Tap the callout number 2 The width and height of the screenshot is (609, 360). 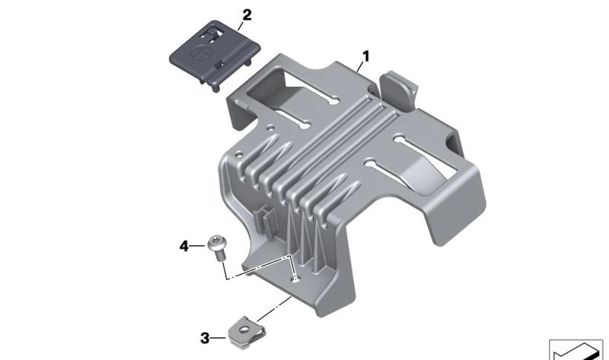[x=246, y=14]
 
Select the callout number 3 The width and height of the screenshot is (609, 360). [x=204, y=337]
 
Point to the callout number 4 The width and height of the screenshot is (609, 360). [x=183, y=246]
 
